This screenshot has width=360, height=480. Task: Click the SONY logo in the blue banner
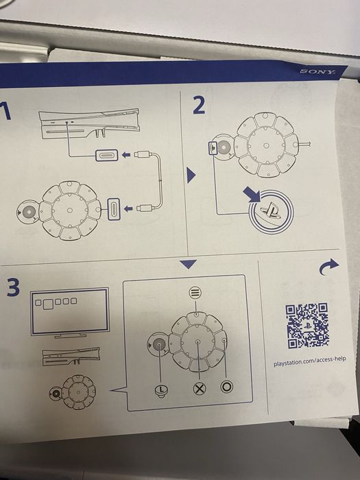coord(317,71)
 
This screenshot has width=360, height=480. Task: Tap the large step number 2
coord(200,105)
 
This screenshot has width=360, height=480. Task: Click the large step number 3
coord(13,287)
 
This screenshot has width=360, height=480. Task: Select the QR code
coord(307,326)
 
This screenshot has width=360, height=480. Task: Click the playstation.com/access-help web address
coord(310,361)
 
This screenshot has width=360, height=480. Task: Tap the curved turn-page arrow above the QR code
coord(328,266)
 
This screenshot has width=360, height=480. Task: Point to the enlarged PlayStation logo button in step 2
coord(272,211)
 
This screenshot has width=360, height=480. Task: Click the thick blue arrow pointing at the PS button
coord(252,195)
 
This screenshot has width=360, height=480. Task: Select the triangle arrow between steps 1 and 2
coord(191,176)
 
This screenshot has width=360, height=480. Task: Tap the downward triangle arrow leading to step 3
coord(188,264)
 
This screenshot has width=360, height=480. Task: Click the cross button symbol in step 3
coord(200,389)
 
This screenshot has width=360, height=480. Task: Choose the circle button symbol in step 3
coord(226,387)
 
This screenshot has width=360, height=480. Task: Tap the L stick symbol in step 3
coord(161,391)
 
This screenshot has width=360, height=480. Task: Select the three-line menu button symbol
coord(195,293)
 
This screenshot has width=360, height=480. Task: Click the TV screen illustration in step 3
coord(70,312)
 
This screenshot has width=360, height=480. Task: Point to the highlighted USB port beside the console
coord(106,155)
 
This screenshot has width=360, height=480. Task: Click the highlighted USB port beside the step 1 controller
coord(114,208)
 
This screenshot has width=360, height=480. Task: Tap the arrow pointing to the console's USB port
coord(126,155)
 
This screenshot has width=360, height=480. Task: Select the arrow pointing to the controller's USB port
coord(128,208)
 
